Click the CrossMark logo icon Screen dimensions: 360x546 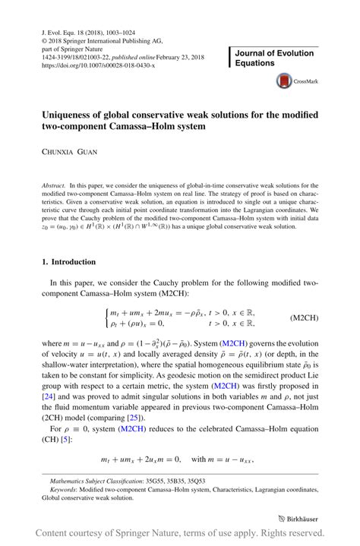(x=285, y=79)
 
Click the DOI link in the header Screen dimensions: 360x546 (x=95, y=66)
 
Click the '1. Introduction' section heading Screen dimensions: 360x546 (x=68, y=262)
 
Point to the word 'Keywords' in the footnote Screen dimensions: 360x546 (x=65, y=491)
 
